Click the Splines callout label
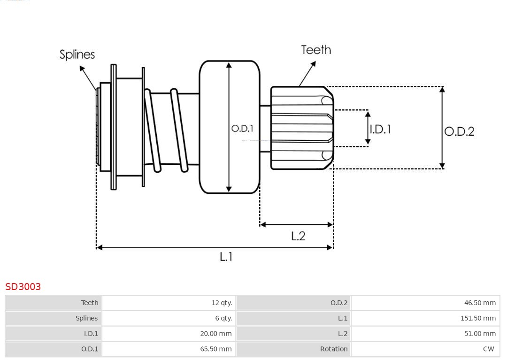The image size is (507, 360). click(77, 54)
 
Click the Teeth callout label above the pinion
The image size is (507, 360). click(316, 50)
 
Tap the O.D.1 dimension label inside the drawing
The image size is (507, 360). click(242, 129)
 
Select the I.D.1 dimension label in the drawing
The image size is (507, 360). click(380, 129)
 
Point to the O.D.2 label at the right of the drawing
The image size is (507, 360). click(459, 131)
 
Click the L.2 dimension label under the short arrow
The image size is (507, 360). click(298, 236)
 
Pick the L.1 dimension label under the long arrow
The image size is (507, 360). click(226, 257)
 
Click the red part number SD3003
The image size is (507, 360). click(23, 287)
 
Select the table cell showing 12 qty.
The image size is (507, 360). click(222, 303)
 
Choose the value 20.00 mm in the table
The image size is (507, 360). click(215, 334)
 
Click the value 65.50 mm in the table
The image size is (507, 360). click(215, 349)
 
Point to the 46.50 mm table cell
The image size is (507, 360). click(480, 303)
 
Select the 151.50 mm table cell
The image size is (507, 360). click(478, 318)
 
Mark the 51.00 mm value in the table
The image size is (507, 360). click(480, 334)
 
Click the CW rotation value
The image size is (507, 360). click(488, 349)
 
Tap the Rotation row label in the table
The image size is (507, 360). click(334, 349)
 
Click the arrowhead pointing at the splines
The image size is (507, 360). click(82, 69)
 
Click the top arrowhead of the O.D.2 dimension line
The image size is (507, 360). click(442, 89)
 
